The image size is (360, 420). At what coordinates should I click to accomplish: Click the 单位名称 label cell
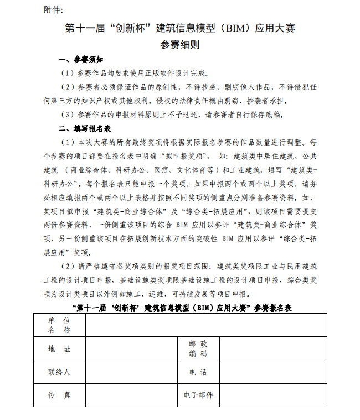[59, 325]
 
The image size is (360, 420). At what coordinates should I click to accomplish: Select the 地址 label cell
[59, 349]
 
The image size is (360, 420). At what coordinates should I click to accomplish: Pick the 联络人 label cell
[59, 372]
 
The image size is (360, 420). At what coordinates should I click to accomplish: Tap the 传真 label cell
[59, 396]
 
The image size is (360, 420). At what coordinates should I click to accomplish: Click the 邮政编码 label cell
[198, 349]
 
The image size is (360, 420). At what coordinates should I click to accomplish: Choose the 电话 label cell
[198, 372]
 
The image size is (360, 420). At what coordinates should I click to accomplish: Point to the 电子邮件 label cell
[198, 396]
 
